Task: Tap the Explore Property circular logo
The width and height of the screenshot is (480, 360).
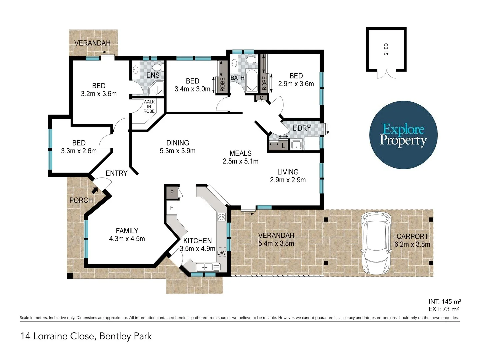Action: pos(403,135)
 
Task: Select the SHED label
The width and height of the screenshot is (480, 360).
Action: pos(386,49)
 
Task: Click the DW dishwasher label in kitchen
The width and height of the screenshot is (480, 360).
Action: pos(221,253)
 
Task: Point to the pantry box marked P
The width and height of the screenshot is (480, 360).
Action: pos(172,192)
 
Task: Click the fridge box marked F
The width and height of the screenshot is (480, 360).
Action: pos(172,208)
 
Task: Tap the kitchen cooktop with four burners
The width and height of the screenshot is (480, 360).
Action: pos(221,217)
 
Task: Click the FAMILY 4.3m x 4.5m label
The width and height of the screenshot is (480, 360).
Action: pos(127,235)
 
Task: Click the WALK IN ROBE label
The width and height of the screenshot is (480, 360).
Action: pos(149,107)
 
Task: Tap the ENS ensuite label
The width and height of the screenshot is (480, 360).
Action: pos(153,75)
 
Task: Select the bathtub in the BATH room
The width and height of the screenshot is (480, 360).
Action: pos(252,81)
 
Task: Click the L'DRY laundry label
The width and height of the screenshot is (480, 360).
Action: pos(302,128)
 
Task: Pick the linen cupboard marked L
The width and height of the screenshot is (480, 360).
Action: pos(283,146)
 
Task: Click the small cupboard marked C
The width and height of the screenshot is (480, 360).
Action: pos(262,98)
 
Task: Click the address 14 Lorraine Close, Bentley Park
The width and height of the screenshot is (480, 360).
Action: pos(86,336)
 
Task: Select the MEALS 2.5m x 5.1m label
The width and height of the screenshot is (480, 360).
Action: pos(240,157)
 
